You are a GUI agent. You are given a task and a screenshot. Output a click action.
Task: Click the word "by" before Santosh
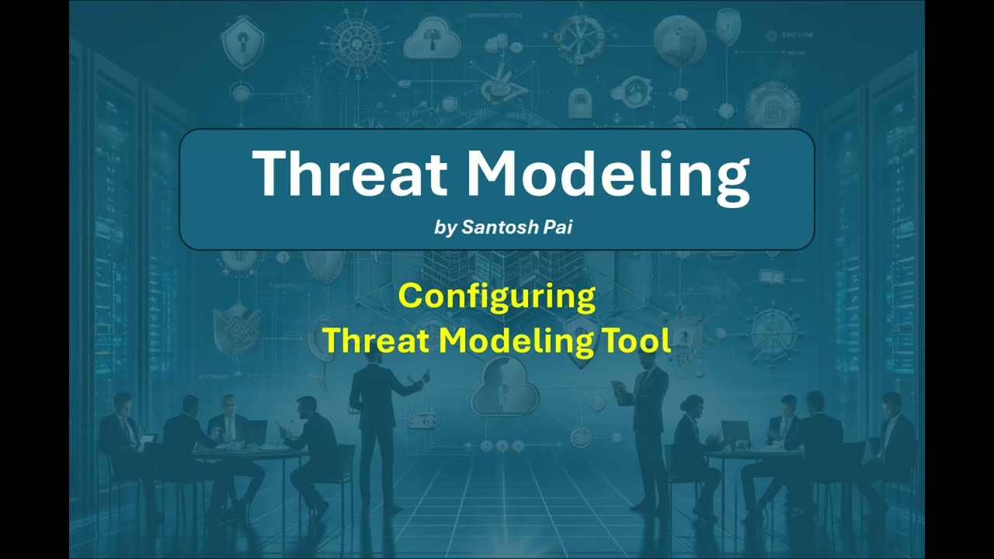pos(446,228)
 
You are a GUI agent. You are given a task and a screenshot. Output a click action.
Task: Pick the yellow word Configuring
pos(497,297)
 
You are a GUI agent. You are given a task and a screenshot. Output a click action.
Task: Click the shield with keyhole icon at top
pos(237,43)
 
